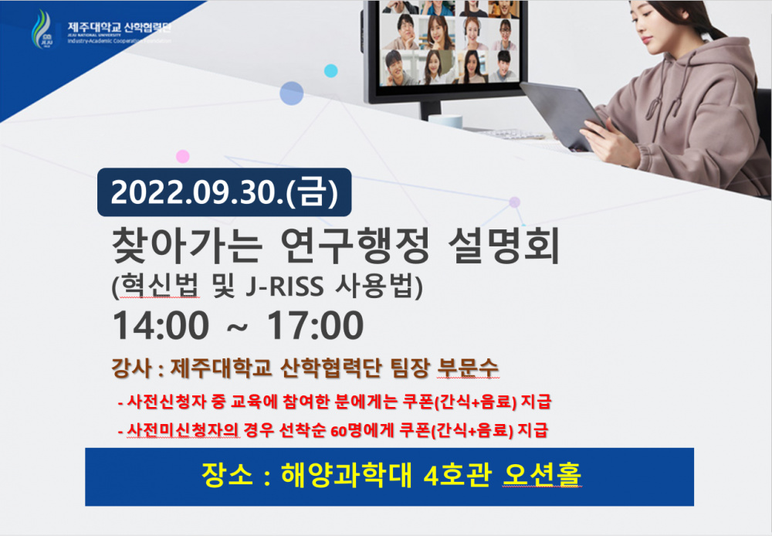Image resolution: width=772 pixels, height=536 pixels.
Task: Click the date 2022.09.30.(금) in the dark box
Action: [x=224, y=192]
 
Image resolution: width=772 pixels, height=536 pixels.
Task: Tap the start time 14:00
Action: [x=161, y=326]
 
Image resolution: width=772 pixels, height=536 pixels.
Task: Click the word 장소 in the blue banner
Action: [x=223, y=472]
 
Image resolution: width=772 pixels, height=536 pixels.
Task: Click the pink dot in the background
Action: [x=182, y=157]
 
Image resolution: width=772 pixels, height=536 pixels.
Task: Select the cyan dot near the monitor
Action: [x=330, y=71]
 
